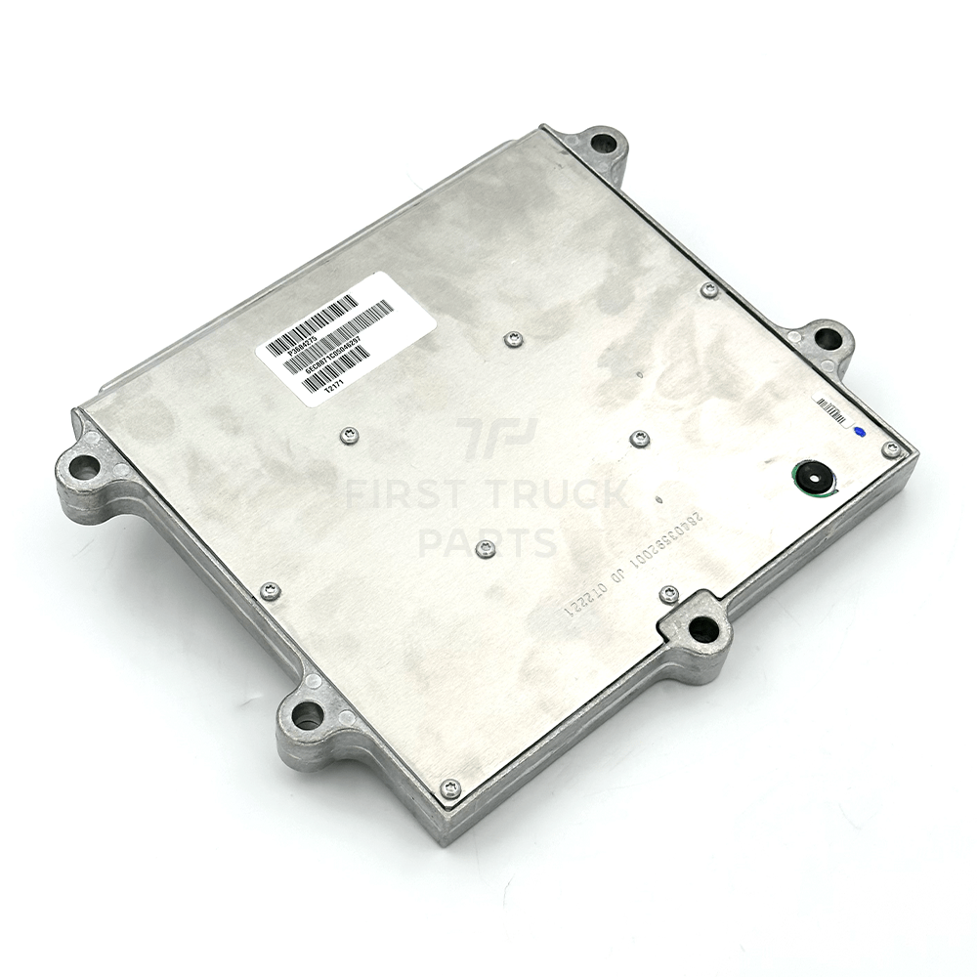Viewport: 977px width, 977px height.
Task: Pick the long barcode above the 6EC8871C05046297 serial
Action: click(337, 329)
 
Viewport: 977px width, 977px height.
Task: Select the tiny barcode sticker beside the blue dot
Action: click(830, 409)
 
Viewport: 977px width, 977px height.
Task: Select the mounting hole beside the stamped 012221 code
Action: click(702, 627)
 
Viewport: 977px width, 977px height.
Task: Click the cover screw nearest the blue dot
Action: click(889, 449)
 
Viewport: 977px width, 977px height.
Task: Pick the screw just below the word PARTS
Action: click(485, 550)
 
